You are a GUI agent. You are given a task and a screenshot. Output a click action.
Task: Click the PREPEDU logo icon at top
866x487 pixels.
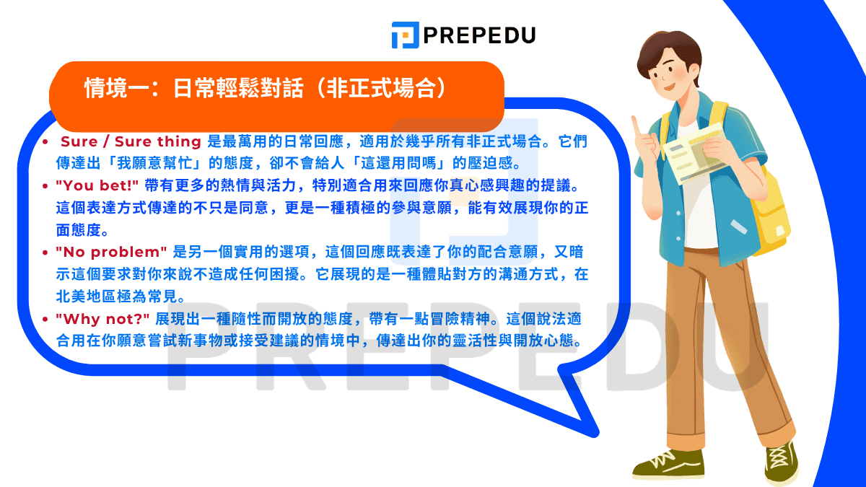pos(405,35)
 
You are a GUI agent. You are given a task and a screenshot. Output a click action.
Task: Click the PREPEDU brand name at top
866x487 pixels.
pos(479,35)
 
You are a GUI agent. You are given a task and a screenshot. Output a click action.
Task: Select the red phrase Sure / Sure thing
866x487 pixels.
pos(131,141)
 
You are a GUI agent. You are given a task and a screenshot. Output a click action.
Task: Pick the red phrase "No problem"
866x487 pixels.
pos(111,252)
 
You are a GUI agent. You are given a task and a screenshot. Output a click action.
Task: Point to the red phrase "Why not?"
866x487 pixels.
pos(102,318)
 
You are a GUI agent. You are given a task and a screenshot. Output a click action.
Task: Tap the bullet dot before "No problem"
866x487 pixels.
pos(46,253)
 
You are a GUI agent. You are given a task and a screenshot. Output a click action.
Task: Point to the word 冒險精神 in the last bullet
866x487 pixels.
pos(448,318)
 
